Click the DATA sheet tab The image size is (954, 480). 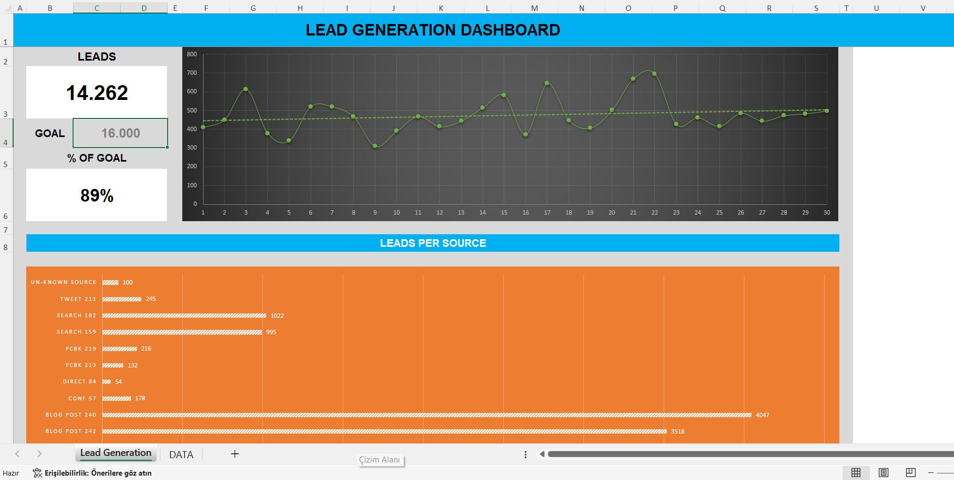(181, 454)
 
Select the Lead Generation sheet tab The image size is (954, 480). (116, 453)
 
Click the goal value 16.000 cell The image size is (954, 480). (120, 133)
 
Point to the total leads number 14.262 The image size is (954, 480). (97, 93)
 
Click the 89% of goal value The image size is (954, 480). (97, 195)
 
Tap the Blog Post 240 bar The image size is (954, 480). (426, 415)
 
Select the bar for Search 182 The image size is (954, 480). (184, 316)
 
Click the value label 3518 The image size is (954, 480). (677, 431)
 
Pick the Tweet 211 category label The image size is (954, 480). (78, 299)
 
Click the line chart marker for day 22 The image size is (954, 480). (654, 74)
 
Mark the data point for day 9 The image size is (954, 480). (375, 146)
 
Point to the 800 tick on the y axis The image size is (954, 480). (192, 54)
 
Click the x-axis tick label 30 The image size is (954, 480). (826, 212)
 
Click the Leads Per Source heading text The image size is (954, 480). (433, 243)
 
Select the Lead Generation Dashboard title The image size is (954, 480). (433, 30)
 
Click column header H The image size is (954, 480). (300, 8)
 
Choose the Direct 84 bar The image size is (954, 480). (106, 382)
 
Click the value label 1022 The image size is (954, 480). (277, 316)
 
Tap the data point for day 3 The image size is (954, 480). (246, 89)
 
